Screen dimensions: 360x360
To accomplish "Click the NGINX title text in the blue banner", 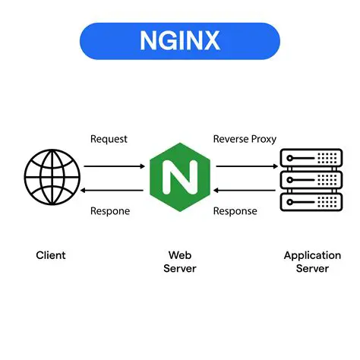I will (179, 40).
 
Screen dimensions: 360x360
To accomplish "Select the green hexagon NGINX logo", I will (180, 178).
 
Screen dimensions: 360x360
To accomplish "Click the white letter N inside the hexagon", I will (180, 178).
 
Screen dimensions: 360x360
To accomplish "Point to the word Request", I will (109, 139).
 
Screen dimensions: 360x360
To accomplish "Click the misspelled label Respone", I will (111, 211).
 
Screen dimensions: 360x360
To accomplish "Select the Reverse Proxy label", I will (245, 139).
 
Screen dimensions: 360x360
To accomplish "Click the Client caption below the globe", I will (50, 255).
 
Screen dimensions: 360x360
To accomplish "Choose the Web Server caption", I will (180, 262).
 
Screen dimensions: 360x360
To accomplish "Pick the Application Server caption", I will (312, 262).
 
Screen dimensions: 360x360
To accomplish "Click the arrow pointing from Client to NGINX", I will (113, 165).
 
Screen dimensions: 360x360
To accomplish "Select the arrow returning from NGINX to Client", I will (113, 190).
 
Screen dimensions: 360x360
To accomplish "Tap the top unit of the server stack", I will (311, 157).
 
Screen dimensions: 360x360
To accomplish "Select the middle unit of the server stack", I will (311, 179).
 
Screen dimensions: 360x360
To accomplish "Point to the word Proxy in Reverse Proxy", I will (263, 139).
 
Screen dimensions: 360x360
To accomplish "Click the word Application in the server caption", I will (312, 255).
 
